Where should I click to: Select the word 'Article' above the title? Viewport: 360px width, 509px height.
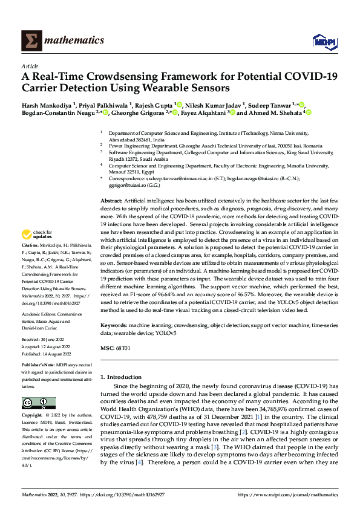pos(30,66)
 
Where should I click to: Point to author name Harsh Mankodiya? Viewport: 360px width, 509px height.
pos(47,105)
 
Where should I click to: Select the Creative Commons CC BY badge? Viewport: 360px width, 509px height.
pos(38,403)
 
